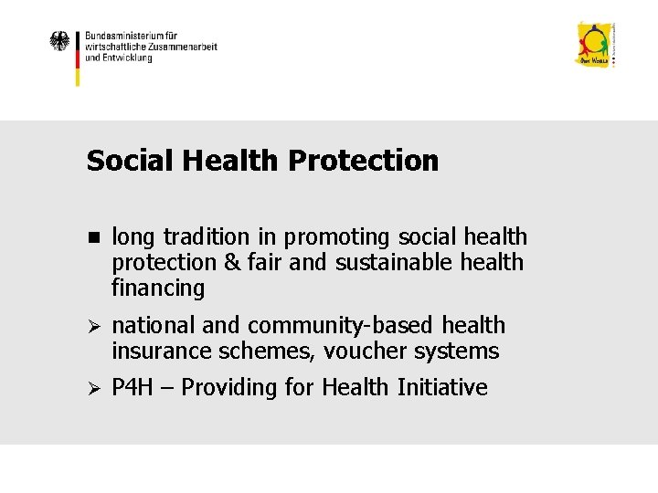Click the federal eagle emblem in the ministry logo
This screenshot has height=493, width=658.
[59, 41]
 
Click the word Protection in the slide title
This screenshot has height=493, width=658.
[363, 161]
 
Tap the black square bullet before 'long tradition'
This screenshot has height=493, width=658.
[93, 237]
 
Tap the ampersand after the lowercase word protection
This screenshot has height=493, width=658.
[226, 263]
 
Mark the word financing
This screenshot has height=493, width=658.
[158, 288]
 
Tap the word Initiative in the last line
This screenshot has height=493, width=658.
[442, 388]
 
